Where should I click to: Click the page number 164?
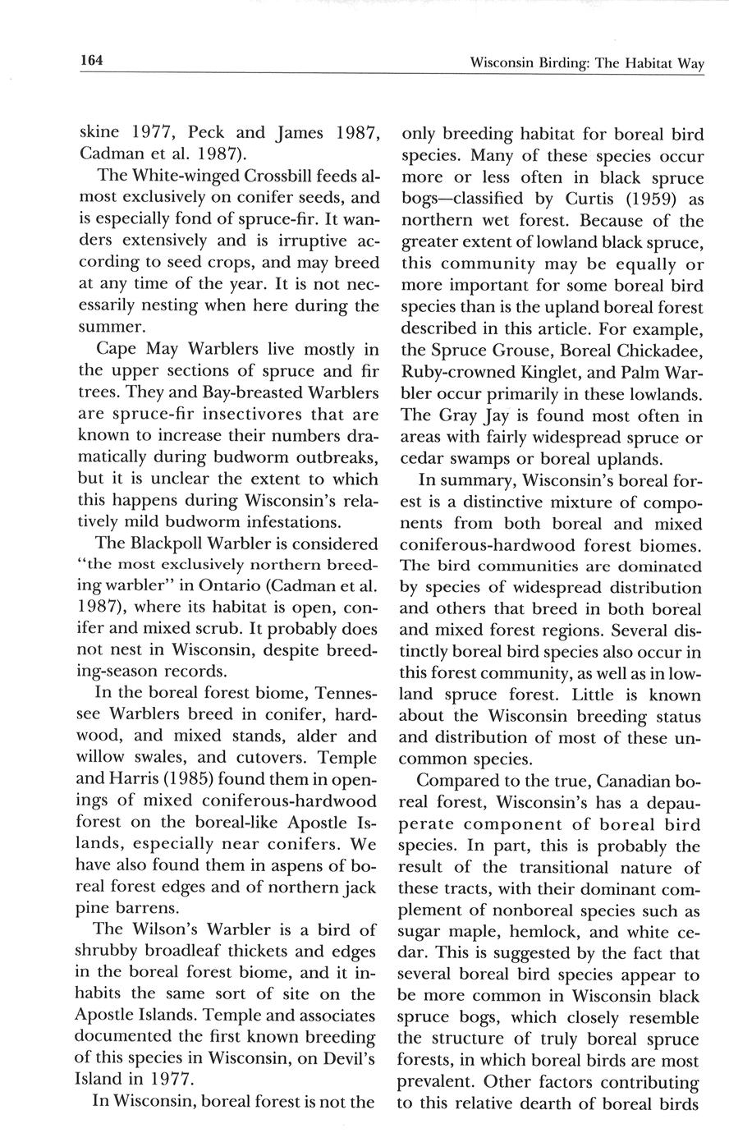coord(90,60)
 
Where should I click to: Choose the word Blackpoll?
coord(195,543)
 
